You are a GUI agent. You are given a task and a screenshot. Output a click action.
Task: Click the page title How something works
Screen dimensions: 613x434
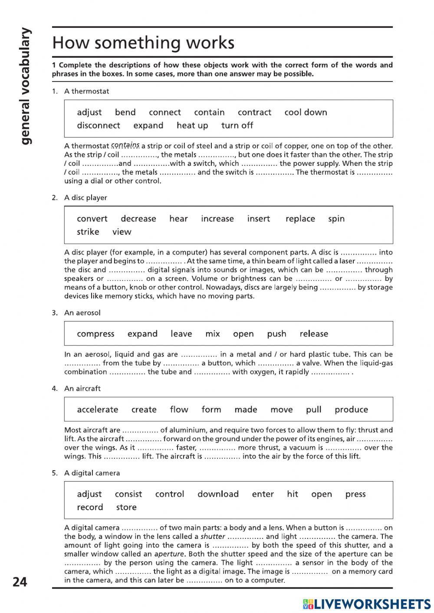coord(143,43)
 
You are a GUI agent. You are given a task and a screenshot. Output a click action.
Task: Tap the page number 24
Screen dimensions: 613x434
coord(20,581)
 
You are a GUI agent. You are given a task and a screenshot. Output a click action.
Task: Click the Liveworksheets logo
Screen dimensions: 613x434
coord(367,604)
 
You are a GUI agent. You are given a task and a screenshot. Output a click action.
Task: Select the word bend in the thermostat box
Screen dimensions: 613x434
coord(125,112)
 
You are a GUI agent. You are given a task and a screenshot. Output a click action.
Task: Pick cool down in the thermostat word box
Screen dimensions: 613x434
coord(306,112)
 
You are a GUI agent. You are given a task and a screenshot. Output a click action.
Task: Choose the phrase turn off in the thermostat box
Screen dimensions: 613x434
coord(237,125)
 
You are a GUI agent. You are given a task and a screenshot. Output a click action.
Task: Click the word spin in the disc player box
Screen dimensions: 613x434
coord(336,219)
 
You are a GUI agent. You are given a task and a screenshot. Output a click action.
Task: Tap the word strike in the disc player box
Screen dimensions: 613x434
coord(88,232)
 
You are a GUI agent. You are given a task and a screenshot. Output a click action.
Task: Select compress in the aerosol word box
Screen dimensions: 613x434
coord(95,334)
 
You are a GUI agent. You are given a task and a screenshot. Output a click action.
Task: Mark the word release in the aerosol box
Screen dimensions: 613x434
coord(314,334)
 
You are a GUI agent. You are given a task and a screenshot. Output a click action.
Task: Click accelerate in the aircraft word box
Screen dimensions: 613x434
coord(97,410)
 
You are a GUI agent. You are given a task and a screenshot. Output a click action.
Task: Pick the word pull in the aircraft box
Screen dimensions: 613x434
coord(313,410)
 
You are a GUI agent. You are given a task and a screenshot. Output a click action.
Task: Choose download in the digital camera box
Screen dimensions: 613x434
coord(218,494)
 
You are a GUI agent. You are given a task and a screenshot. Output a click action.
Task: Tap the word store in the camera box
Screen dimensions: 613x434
coord(126,507)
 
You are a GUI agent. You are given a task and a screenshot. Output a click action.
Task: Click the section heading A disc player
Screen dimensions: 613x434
coord(85,197)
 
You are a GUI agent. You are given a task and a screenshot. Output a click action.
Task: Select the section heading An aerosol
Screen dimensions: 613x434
coord(82,312)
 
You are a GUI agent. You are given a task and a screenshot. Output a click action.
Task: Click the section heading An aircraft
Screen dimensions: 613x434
coord(82,388)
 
